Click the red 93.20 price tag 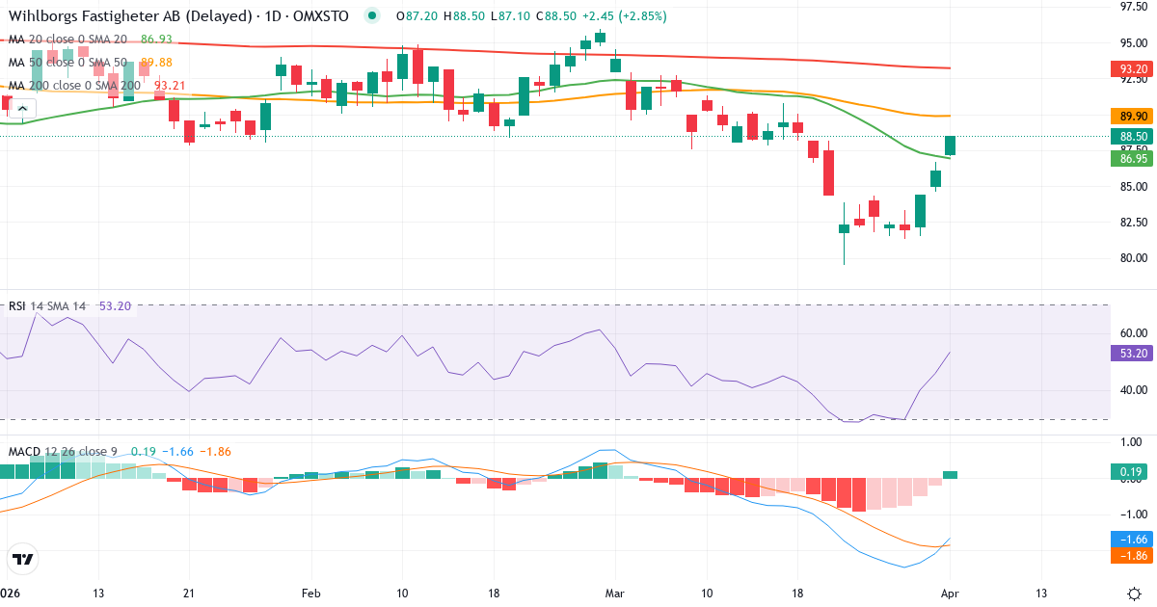coord(1128,69)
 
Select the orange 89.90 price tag coord(1128,117)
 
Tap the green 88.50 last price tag coord(1128,137)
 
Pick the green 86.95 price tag coord(1128,158)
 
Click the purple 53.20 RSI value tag coord(1128,354)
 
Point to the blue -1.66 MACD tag coord(1128,539)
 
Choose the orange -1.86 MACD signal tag coord(1128,556)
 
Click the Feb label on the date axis coord(310,593)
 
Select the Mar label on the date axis coord(615,593)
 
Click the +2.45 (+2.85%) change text coord(623,16)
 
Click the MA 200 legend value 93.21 coord(170,85)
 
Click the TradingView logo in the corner coord(23,559)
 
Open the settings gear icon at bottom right coord(1134,593)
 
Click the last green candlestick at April coord(951,145)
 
